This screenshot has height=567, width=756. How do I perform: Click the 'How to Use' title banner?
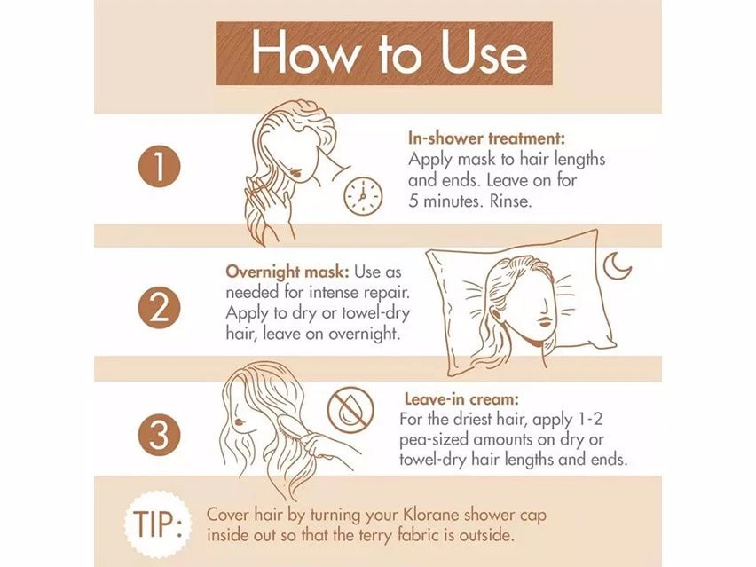click(384, 53)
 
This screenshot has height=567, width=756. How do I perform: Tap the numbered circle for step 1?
click(159, 169)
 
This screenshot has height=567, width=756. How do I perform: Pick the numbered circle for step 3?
click(159, 435)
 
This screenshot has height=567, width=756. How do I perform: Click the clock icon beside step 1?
click(363, 196)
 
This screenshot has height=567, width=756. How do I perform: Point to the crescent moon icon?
click(617, 265)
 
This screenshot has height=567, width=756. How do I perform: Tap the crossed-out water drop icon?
click(350, 411)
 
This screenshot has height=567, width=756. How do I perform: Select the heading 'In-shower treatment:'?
click(486, 138)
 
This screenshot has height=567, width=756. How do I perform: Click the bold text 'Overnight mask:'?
click(287, 272)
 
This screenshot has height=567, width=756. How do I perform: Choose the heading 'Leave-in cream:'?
click(461, 399)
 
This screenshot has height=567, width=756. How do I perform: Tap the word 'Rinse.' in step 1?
click(510, 201)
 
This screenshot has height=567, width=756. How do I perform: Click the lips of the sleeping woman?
click(544, 321)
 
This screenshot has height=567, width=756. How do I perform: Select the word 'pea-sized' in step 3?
click(435, 440)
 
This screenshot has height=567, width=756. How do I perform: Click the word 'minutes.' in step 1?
click(453, 201)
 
